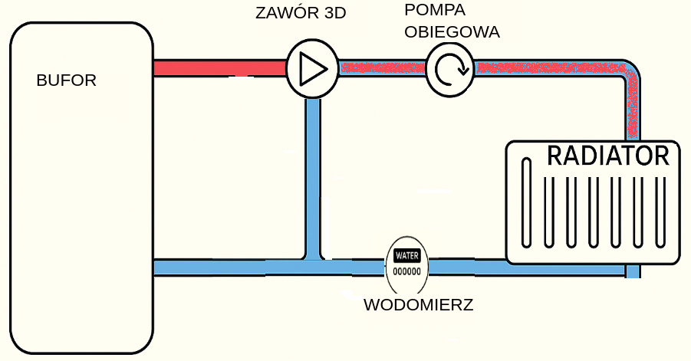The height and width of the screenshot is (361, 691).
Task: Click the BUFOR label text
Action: tap(67, 80)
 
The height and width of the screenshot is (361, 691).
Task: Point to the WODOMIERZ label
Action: tap(418, 305)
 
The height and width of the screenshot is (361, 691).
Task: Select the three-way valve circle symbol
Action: tap(312, 69)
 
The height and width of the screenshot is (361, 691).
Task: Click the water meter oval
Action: tap(406, 264)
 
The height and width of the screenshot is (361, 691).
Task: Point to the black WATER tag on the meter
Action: tap(406, 255)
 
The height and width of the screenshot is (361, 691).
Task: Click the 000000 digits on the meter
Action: tap(406, 271)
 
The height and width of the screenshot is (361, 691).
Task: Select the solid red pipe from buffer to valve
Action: tap(219, 68)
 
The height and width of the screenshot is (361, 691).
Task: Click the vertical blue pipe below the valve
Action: tap(312, 176)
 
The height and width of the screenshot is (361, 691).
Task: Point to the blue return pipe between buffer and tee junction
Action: tap(230, 267)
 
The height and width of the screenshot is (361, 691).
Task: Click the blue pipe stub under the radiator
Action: tap(633, 271)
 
